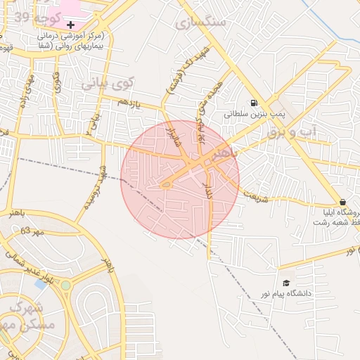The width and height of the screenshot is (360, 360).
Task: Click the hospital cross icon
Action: pyautogui.click(x=70, y=25)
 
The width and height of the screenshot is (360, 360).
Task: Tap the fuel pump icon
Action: pyautogui.click(x=253, y=102)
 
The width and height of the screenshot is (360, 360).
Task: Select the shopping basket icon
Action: pyautogui.click(x=342, y=201)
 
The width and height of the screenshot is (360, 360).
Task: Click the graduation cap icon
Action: pyautogui.click(x=285, y=283)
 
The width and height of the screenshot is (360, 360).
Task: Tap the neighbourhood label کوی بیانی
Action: pyautogui.click(x=107, y=84)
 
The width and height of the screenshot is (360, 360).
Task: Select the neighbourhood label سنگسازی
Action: pyautogui.click(x=205, y=22)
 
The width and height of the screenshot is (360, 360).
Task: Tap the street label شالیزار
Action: pyautogui.click(x=169, y=133)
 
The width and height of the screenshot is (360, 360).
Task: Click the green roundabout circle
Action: pyautogui.click(x=65, y=285)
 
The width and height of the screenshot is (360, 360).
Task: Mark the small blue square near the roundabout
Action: pyautogui.click(x=40, y=283)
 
